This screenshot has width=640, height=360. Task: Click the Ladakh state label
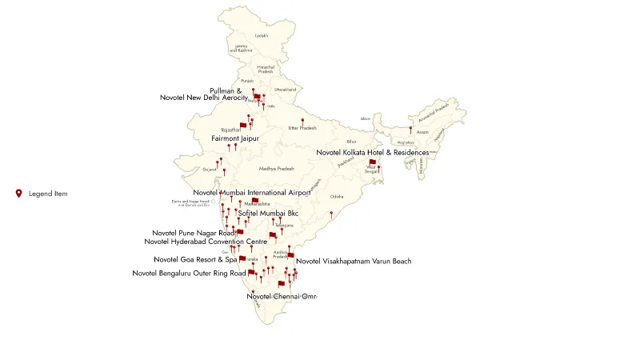(261, 36)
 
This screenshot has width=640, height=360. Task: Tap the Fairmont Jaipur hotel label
(235, 138)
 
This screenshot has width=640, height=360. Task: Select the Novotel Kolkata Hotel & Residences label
(372, 152)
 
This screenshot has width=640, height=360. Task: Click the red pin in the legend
(18, 193)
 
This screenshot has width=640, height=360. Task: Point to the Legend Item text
(48, 194)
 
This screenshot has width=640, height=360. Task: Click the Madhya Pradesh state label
(277, 169)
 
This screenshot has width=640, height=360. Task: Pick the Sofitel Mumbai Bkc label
(268, 214)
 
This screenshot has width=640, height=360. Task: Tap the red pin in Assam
(410, 129)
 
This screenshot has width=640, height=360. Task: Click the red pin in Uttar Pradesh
(302, 122)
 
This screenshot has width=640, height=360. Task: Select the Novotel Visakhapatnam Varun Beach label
(354, 262)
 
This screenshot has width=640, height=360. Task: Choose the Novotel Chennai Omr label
(282, 297)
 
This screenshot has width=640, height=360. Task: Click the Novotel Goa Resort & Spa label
(196, 259)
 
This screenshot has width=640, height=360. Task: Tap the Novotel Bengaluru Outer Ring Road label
(189, 274)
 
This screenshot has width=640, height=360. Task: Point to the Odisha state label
(337, 197)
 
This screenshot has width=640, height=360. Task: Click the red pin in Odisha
(331, 212)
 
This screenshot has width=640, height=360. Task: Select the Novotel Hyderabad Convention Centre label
(206, 242)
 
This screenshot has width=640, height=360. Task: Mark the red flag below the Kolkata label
(372, 162)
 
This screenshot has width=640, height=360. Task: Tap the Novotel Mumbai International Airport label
(252, 193)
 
